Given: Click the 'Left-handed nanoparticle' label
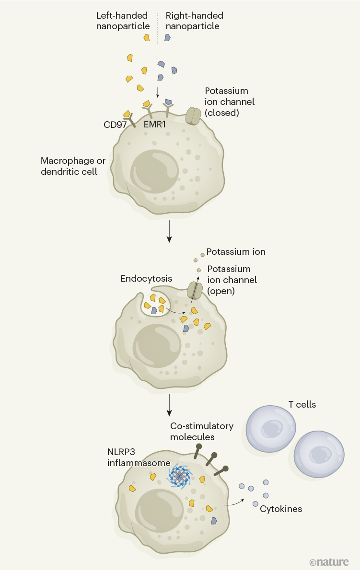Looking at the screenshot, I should click(x=123, y=21).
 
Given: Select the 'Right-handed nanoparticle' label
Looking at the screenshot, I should click(x=194, y=21).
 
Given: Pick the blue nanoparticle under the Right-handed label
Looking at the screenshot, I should click(x=167, y=37).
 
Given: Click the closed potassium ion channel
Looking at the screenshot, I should click(x=194, y=116).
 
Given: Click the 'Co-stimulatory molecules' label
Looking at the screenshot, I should click(x=201, y=431).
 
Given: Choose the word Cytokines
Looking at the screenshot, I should click(x=281, y=509).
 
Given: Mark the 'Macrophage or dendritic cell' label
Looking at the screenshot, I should click(x=73, y=166).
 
